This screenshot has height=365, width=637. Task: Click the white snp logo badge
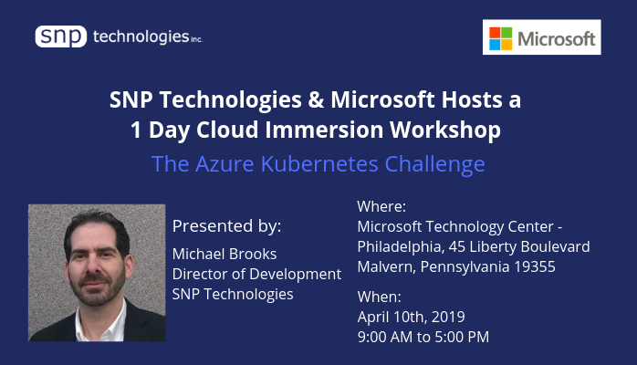(61, 36)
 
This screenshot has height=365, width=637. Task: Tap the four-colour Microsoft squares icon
(500, 38)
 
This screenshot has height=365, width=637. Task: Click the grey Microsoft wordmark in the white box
(556, 39)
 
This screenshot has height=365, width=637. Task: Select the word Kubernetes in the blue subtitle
(319, 164)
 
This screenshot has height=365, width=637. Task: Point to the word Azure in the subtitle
(225, 164)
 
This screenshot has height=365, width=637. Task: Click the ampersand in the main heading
(316, 99)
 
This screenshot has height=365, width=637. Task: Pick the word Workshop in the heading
(445, 130)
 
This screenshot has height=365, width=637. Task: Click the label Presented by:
(226, 226)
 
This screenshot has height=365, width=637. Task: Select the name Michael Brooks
(225, 255)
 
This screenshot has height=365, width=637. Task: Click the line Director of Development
(256, 275)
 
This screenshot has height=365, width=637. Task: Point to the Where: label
(381, 206)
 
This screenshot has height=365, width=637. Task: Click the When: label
(379, 297)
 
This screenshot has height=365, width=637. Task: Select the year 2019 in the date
(448, 317)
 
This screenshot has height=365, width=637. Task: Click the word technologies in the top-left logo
(141, 36)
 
